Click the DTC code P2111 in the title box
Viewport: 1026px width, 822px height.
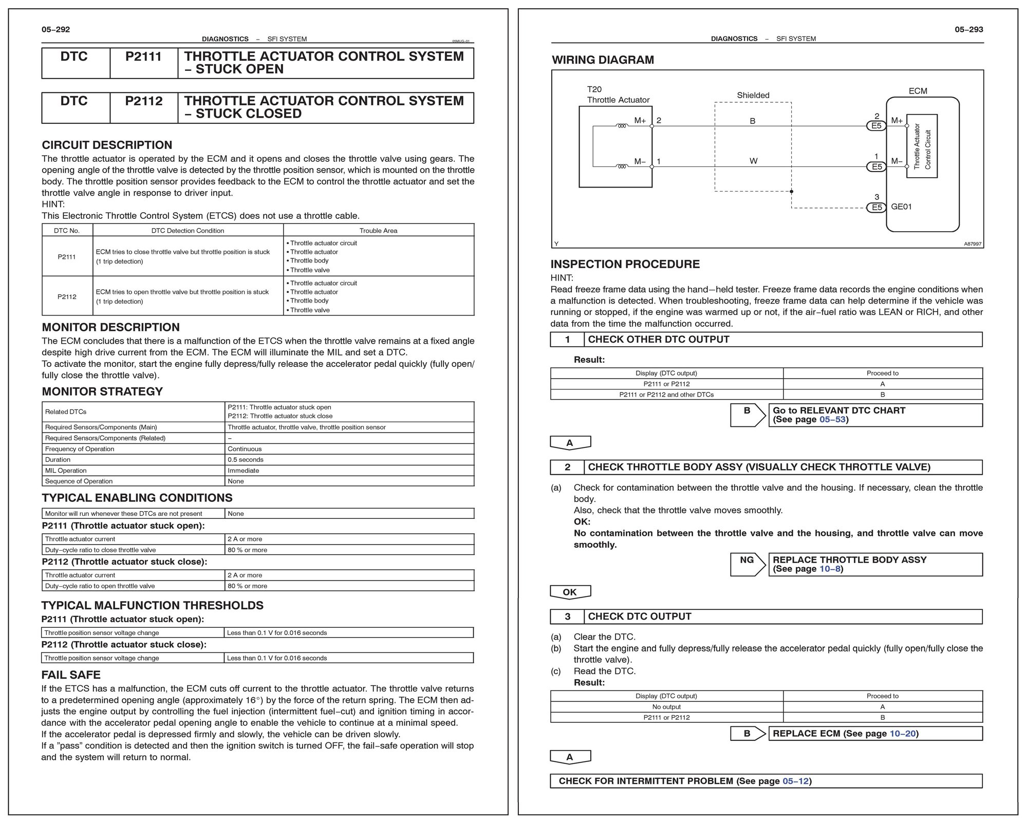pos(143,57)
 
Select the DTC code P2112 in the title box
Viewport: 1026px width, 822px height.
pos(143,101)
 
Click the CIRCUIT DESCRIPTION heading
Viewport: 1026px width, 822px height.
pos(107,145)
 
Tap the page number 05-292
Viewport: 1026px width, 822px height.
pos(55,29)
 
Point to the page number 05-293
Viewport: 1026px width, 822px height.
pos(968,29)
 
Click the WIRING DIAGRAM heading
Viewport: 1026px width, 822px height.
pos(603,60)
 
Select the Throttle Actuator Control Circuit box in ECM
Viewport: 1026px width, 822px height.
pos(922,146)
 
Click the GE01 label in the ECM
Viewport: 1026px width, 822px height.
pos(901,207)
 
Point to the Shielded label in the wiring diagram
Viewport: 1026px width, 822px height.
pos(753,95)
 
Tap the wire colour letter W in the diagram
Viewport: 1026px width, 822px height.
pos(753,161)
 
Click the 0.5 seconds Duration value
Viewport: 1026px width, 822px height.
pos(246,460)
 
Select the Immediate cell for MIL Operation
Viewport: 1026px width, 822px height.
pos(244,471)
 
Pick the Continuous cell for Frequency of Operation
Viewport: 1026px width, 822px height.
pos(245,449)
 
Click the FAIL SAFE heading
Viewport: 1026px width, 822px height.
pos(71,675)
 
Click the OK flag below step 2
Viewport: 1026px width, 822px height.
pos(570,592)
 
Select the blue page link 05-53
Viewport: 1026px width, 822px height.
pos(832,419)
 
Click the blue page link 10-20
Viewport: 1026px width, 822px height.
pos(903,733)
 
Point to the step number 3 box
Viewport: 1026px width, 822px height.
pos(567,616)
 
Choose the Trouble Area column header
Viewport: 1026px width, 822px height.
pos(378,231)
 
